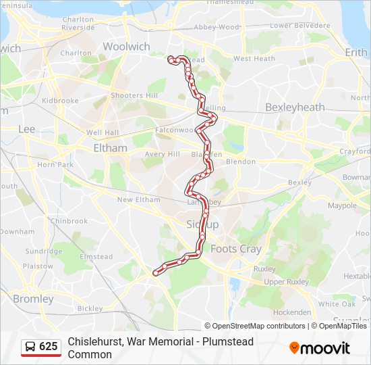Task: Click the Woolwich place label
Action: (126, 47)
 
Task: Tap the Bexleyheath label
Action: (295, 107)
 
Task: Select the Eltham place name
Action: (110, 147)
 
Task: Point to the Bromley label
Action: (33, 299)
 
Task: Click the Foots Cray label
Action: (235, 249)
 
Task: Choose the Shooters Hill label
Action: (134, 96)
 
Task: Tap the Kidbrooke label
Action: (60, 100)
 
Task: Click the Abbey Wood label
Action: (217, 27)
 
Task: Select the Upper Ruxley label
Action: (286, 282)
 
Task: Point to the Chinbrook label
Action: (69, 220)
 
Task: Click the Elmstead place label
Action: (96, 257)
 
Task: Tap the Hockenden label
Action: (291, 312)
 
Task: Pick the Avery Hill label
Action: (162, 154)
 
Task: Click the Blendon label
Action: (241, 162)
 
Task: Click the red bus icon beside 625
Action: (30, 347)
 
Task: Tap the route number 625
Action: (49, 347)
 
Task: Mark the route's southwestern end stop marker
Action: (156, 272)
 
